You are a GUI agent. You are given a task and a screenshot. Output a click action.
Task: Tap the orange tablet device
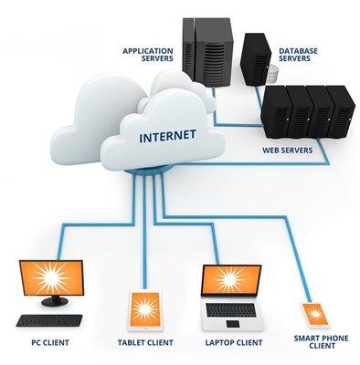click(x=144, y=308)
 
